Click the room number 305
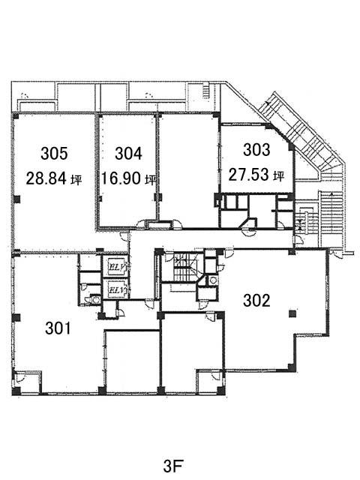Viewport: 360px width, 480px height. pyautogui.click(x=54, y=153)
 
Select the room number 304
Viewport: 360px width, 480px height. pyautogui.click(x=128, y=153)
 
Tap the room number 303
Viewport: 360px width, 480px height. pyautogui.click(x=256, y=150)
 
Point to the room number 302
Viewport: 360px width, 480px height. pyautogui.click(x=256, y=300)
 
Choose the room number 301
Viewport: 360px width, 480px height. pyautogui.click(x=58, y=328)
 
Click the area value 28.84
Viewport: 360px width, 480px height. pyautogui.click(x=46, y=178)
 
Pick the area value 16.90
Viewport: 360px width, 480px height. pyautogui.click(x=121, y=178)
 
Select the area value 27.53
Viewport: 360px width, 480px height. pyautogui.click(x=248, y=175)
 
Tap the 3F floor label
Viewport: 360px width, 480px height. pyautogui.click(x=173, y=467)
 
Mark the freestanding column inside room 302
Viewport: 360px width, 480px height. pyautogui.click(x=292, y=313)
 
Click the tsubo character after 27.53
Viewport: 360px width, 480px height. pyautogui.click(x=279, y=175)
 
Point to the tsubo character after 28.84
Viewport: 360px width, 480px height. pyautogui.click(x=76, y=179)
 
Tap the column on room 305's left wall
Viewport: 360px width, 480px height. pyautogui.click(x=16, y=199)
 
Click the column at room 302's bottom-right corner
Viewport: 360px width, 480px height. pyautogui.click(x=291, y=367)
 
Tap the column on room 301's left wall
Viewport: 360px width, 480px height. pyautogui.click(x=16, y=317)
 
